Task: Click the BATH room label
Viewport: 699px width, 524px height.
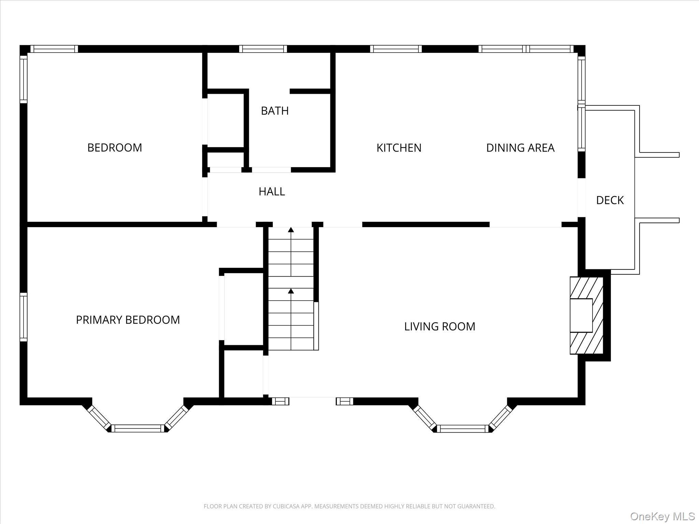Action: pos(275,111)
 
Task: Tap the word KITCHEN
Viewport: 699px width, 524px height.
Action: pos(399,148)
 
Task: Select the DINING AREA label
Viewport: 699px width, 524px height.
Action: pos(520,148)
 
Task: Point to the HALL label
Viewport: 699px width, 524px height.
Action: pos(272,192)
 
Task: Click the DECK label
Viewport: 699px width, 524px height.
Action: pos(610,200)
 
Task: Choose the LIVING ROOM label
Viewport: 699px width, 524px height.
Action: pos(440,326)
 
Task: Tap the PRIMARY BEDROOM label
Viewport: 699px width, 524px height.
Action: pos(128,320)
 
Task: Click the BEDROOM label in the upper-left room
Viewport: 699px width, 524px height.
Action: pos(115,148)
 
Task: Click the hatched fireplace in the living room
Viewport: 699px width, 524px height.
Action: pos(586,315)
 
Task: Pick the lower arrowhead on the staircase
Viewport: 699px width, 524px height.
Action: pos(291,291)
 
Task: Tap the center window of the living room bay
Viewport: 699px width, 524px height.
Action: pos(463,428)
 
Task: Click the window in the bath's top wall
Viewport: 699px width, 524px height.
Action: pos(263,49)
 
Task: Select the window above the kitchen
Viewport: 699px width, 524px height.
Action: pos(396,49)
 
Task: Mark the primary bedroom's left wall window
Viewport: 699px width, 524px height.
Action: pos(23,317)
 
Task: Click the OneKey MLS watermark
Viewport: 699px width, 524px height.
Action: pos(662,516)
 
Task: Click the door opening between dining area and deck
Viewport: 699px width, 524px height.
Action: pos(582,198)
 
